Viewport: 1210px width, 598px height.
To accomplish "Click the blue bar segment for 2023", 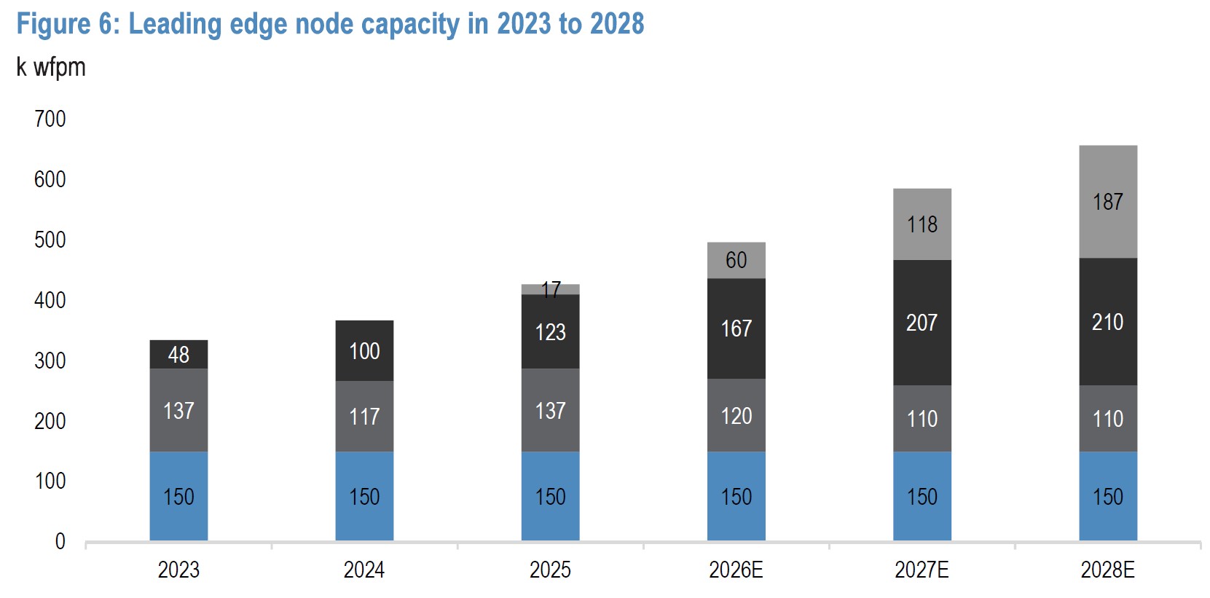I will coord(178,496).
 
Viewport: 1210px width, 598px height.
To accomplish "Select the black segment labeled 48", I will coord(178,355).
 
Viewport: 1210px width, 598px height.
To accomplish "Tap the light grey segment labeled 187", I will coord(1107,202).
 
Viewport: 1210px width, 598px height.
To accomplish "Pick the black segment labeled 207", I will coord(922,323).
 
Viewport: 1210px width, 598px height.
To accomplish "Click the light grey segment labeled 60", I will coord(736,260).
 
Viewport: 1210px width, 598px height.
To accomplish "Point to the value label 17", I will coord(551,290).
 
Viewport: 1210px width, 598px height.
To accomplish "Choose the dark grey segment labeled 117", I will coord(364,416).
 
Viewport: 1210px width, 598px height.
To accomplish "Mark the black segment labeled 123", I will coord(550,332).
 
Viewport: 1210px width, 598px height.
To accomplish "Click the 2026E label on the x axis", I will coord(736,570).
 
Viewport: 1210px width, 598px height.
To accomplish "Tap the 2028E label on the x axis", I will coord(1107,570).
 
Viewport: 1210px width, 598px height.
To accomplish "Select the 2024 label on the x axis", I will coord(364,570).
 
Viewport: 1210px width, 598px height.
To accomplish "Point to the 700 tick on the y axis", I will coord(50,119).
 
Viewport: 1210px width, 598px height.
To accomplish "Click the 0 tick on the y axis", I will coord(60,541).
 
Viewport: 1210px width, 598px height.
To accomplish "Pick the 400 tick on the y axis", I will coord(50,300).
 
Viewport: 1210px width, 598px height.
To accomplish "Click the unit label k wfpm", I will coord(51,67).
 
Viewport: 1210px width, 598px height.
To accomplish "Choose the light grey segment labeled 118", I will coord(922,224).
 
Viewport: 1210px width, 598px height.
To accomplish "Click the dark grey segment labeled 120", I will coord(736,415).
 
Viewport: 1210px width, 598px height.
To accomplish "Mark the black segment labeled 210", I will coord(1107,322).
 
